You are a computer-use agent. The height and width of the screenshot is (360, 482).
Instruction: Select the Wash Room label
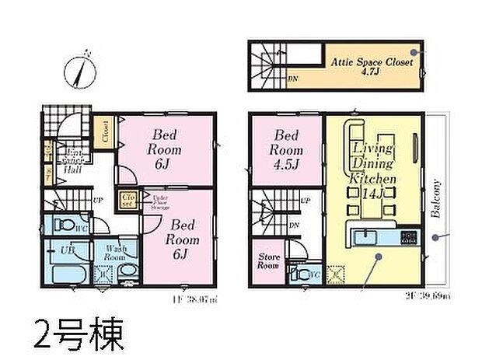tap(116, 253)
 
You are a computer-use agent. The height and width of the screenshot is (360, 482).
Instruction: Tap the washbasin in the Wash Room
tap(128, 272)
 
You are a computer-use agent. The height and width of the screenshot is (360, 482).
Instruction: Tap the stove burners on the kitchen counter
tap(410, 236)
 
